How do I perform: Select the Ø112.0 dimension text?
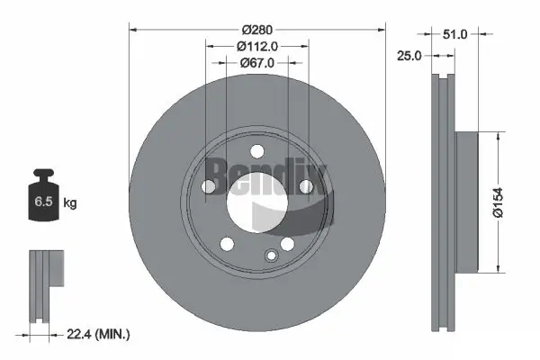click(257, 46)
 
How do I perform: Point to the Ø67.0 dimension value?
click(257, 63)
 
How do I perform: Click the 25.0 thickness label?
click(409, 56)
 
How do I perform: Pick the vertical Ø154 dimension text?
click(510, 201)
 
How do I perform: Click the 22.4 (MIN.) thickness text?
click(99, 334)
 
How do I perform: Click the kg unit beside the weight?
click(69, 203)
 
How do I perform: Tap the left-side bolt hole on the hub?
click(208, 186)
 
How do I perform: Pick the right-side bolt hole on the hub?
click(305, 186)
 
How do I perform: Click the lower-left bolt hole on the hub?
click(227, 243)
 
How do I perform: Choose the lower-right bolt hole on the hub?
click(287, 243)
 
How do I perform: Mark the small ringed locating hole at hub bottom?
click(269, 257)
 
